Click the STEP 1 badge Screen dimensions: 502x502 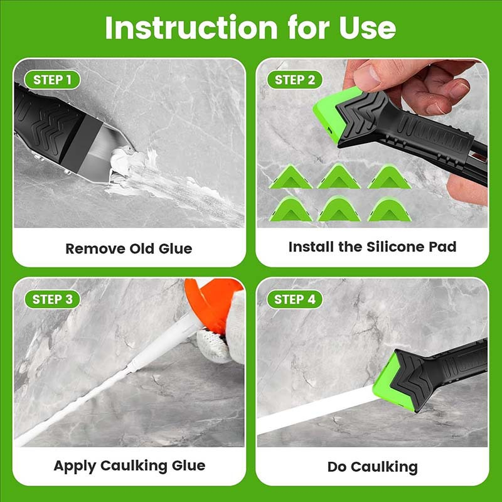pos(52,80)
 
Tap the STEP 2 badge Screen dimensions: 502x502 pos(295,80)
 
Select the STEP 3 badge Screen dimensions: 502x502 pos(52,299)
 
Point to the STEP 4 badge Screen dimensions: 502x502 pos(295,299)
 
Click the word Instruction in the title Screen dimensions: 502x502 pos(191,28)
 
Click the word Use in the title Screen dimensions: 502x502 pos(368,28)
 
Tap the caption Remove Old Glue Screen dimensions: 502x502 pos(129,248)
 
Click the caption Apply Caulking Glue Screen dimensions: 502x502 pos(129,466)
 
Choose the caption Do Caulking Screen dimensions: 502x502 pos(372,467)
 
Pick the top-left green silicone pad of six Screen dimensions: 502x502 pos(291,177)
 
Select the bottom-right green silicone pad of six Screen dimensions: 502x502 pos(389,210)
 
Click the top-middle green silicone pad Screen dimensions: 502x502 pos(339,176)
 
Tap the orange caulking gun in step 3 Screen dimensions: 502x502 pos(212,302)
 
